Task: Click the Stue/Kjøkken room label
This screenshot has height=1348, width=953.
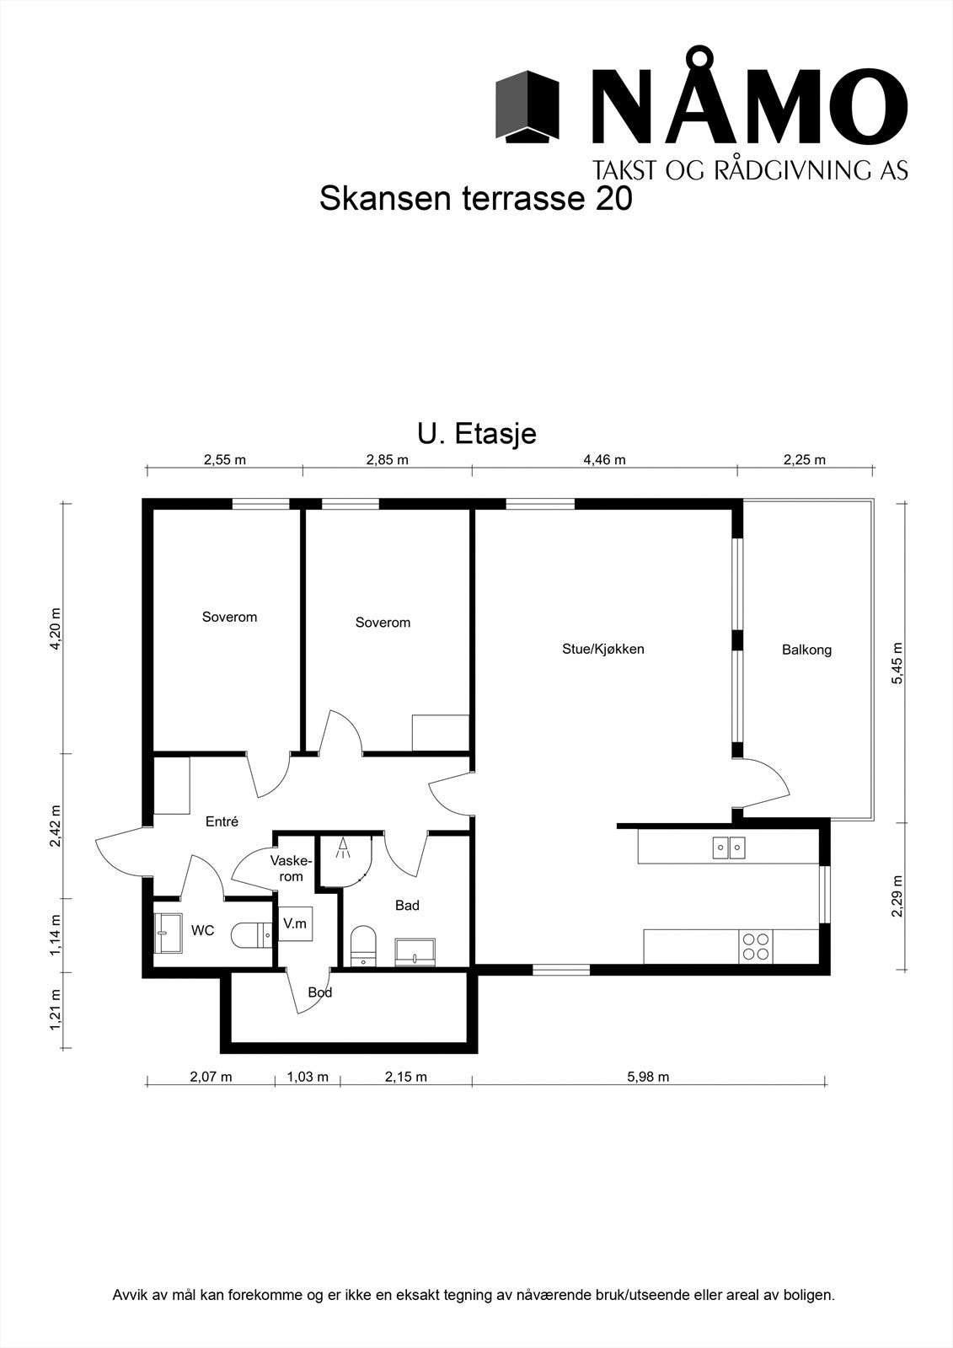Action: (602, 649)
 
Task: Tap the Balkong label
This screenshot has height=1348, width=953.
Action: (806, 650)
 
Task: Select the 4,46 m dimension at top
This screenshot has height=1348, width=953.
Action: (604, 460)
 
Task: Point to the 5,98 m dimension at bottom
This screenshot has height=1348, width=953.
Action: (648, 1077)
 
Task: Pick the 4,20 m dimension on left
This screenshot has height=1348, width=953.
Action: (56, 629)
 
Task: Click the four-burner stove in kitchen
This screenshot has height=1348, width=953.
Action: (756, 946)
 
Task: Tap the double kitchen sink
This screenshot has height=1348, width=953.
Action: (729, 847)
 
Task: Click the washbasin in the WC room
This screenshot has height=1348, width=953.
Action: (169, 933)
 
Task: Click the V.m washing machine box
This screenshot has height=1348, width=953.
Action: (295, 923)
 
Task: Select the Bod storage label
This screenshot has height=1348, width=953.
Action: (320, 992)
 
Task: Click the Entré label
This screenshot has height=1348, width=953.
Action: (222, 821)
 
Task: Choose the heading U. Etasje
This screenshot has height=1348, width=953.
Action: (477, 434)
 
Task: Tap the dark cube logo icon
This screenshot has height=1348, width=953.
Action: (527, 107)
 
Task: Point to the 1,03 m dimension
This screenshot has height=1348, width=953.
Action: (308, 1077)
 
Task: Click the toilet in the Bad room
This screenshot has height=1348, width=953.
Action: (363, 944)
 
